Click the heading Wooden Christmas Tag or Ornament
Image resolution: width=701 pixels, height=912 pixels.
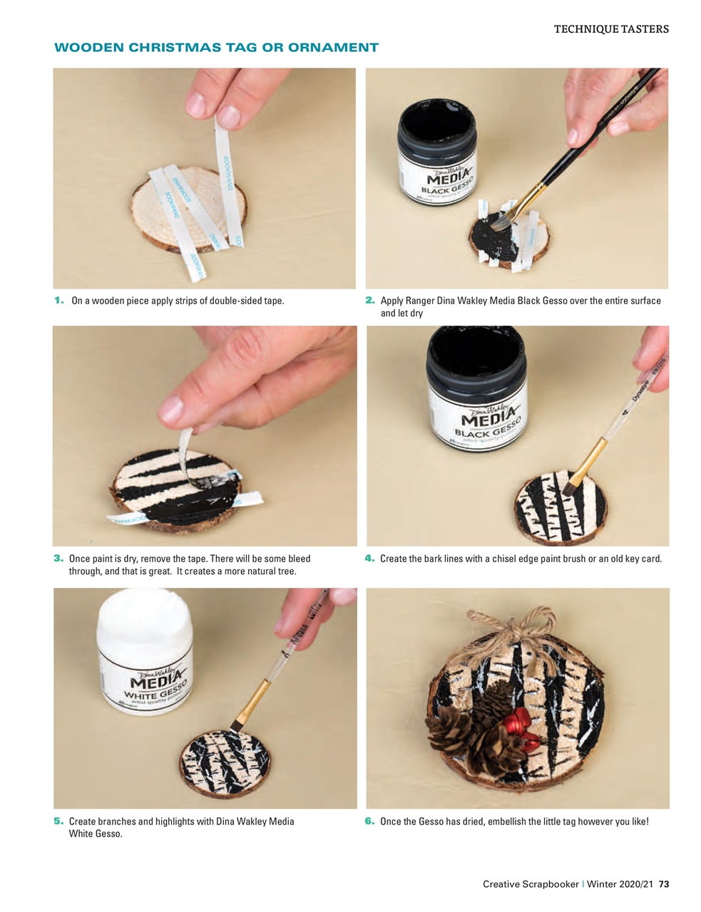pos(216,48)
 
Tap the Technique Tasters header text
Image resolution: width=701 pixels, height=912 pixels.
pos(611,29)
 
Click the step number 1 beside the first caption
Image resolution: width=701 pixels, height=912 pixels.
pos(59,301)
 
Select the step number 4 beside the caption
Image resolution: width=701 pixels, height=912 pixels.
pos(369,559)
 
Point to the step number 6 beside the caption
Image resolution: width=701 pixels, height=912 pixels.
pos(369,822)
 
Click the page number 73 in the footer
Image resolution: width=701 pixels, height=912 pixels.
pos(663,884)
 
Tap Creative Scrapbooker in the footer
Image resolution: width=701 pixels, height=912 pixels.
pos(531,884)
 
